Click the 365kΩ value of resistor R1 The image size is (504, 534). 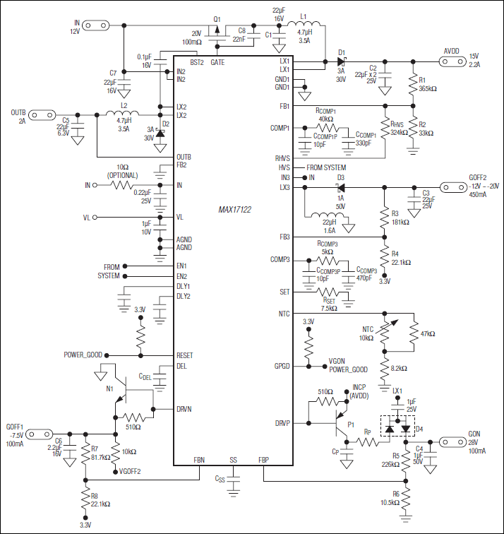(x=427, y=90)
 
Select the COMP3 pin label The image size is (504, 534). (x=280, y=260)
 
